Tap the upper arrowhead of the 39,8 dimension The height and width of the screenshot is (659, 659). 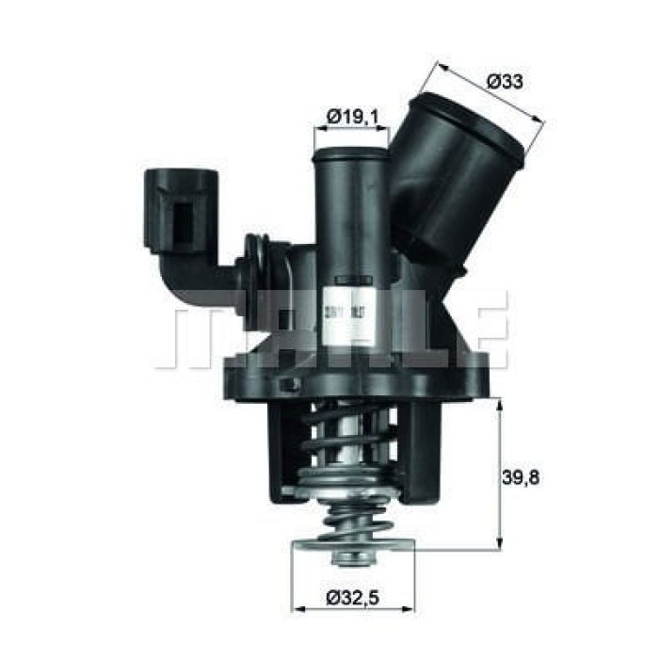(x=499, y=402)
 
